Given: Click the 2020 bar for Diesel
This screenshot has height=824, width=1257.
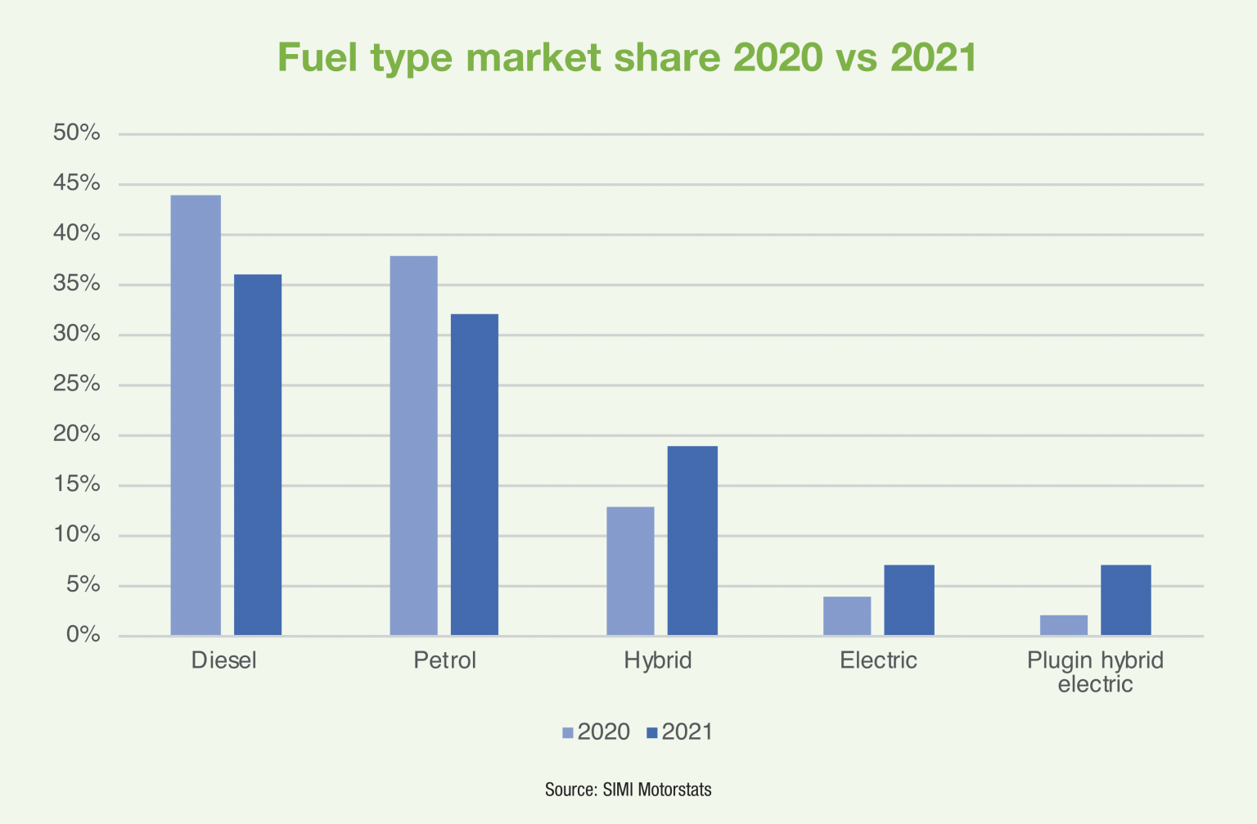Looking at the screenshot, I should pos(196,415).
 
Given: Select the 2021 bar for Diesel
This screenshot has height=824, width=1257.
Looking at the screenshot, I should pos(258,455).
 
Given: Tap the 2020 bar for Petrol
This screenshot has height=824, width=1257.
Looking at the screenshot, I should pos(413,446).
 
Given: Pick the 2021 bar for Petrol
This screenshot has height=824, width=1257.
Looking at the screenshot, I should pos(475,475).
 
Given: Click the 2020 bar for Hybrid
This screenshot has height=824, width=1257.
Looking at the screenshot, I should pos(630,571).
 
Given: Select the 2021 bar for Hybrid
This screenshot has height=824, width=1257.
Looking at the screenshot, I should pos(692,541).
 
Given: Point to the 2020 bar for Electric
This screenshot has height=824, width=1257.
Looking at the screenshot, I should pos(847,616).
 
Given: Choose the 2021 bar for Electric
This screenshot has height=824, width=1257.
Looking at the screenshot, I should pos(909,600).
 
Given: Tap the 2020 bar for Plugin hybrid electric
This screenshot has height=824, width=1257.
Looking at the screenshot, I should pos(1064,625).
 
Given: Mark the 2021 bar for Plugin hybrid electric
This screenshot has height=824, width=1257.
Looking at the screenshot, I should pos(1126,600).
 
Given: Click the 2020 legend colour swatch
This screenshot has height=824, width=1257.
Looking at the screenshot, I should pos(568,733).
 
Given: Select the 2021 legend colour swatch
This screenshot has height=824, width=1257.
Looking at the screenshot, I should pos(652,733).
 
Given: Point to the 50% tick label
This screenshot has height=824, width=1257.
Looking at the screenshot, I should pos(77,133).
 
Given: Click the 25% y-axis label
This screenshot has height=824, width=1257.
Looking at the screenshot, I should pos(77,384).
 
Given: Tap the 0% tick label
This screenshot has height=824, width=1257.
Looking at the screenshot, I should pos(83,635).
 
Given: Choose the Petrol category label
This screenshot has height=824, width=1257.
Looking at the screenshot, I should pos(444,660).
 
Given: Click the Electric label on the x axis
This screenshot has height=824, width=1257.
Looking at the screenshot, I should pos(878,660).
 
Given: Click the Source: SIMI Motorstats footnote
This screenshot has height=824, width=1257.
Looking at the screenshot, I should pos(628,790).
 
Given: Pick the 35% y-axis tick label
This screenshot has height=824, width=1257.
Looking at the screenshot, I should pos(77,284).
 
